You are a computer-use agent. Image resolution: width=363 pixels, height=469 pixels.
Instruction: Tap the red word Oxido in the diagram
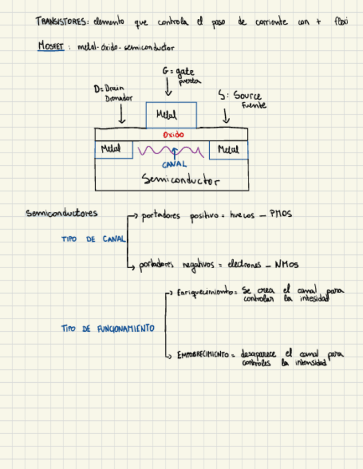[173, 134]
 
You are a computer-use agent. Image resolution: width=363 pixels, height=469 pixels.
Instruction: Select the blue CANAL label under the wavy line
[174, 164]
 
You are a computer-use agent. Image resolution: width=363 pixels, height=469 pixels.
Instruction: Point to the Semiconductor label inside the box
[180, 179]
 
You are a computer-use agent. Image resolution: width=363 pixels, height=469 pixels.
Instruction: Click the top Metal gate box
[170, 115]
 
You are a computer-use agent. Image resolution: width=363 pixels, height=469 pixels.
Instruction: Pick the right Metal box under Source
[229, 149]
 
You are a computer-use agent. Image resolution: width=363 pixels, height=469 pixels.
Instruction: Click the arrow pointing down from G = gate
[168, 87]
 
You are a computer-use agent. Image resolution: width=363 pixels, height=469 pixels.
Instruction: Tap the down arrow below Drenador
[122, 114]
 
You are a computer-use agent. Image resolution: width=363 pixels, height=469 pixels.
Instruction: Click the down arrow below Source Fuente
[226, 115]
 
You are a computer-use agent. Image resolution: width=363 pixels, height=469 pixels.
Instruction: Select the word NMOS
[286, 265]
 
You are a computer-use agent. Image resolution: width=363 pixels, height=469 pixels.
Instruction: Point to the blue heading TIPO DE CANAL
[94, 239]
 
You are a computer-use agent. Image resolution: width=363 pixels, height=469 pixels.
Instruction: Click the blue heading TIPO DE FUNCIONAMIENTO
[107, 329]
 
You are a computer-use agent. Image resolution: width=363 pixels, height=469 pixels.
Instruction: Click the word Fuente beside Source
[253, 105]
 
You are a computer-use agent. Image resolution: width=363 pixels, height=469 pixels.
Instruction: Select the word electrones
[243, 265]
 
